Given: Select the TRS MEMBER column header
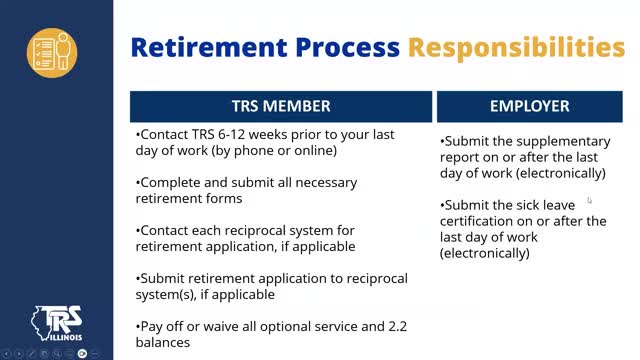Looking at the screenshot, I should coord(281,106).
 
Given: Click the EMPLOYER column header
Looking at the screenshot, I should coord(529,106).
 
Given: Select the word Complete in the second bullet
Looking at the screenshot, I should coord(169,183).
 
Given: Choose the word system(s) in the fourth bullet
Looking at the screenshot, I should coord(166,294).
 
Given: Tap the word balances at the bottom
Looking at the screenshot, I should coord(163,342).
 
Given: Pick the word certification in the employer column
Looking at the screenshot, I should coord(480,221).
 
